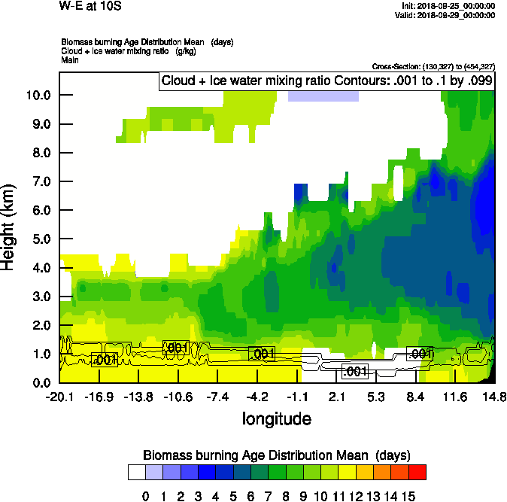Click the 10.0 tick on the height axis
(37, 95)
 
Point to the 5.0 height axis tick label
(37, 239)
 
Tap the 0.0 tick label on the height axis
(37, 383)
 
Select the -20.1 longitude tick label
(59, 397)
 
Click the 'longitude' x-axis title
(276, 418)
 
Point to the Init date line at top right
(449, 6)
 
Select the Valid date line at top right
(448, 15)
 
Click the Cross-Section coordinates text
(433, 67)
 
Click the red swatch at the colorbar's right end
(417, 473)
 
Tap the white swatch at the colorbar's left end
(136, 473)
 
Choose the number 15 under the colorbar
(408, 496)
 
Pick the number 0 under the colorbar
(146, 496)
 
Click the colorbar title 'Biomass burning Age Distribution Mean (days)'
(277, 455)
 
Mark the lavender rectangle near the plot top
(323, 96)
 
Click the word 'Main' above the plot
(70, 59)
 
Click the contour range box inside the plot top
(326, 81)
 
